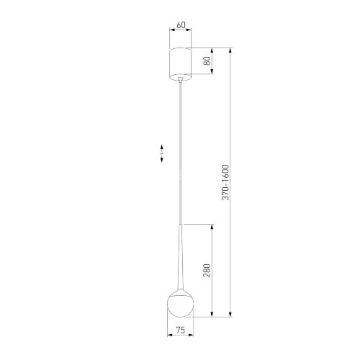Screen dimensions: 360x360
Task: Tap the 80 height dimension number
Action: pos(208,62)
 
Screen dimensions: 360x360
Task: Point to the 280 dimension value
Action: pos(207,271)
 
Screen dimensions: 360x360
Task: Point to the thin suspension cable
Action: pos(179,144)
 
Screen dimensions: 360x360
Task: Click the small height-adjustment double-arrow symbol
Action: pos(162,154)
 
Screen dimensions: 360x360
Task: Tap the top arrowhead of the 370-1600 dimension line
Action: pos(230,50)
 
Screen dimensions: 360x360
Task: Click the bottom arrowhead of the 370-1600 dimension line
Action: pos(230,315)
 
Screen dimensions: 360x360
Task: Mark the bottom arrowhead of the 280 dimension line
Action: pos(212,315)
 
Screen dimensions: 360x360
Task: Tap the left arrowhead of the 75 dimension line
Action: pos(168,337)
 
